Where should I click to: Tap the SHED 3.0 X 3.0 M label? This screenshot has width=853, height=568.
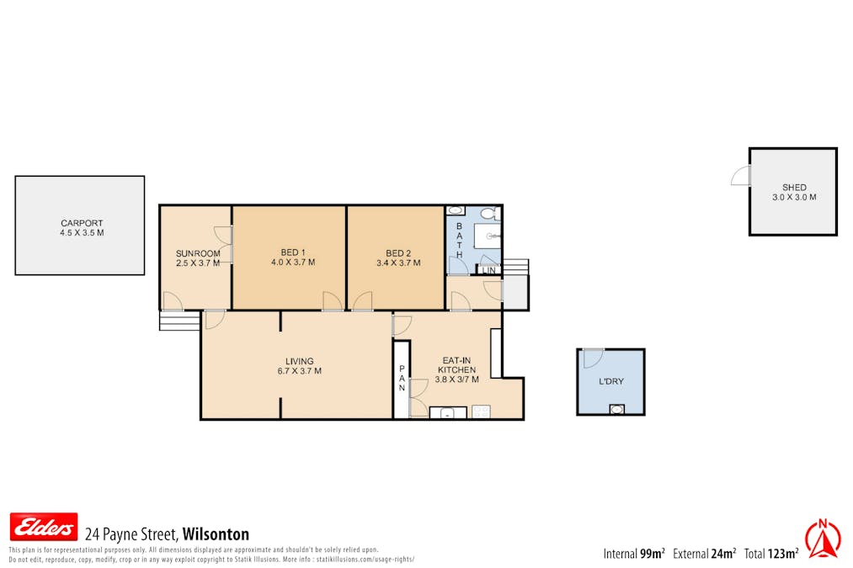pyautogui.click(x=793, y=193)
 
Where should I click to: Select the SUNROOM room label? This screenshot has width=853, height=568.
pyautogui.click(x=198, y=257)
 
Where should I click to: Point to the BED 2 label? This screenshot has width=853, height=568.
pyautogui.click(x=398, y=257)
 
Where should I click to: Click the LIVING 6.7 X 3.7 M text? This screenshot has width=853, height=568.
pyautogui.click(x=299, y=366)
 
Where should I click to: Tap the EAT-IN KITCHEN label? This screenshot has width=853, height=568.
pyautogui.click(x=458, y=369)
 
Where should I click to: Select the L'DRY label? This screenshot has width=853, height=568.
pyautogui.click(x=610, y=381)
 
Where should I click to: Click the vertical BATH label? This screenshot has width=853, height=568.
pyautogui.click(x=459, y=241)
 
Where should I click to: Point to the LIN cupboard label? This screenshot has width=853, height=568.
pyautogui.click(x=488, y=270)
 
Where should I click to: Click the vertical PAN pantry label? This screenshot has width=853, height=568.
pyautogui.click(x=402, y=378)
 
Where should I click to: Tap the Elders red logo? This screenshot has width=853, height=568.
pyautogui.click(x=44, y=527)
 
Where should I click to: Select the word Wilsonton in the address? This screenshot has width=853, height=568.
pyautogui.click(x=216, y=534)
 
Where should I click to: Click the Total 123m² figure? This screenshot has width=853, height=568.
pyautogui.click(x=770, y=553)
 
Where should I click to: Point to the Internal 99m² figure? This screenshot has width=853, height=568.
pyautogui.click(x=634, y=553)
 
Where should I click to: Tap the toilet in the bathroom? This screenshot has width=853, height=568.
pyautogui.click(x=456, y=211)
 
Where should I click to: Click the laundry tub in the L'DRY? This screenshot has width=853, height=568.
pyautogui.click(x=617, y=409)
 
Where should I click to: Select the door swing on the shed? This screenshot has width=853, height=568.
pyautogui.click(x=740, y=175)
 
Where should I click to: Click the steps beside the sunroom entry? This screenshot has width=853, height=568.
pyautogui.click(x=179, y=321)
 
